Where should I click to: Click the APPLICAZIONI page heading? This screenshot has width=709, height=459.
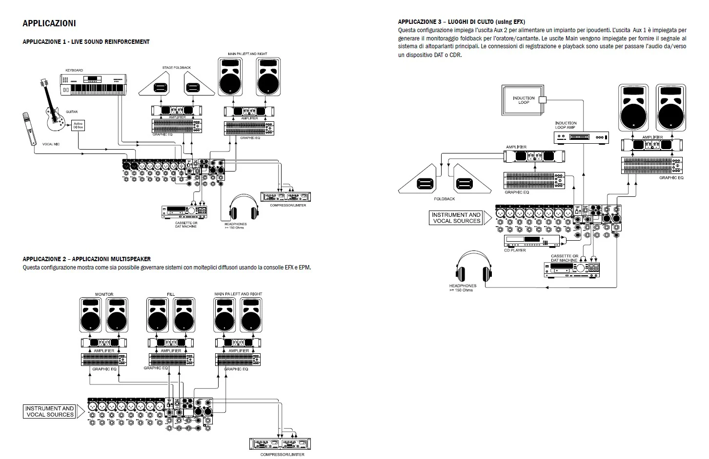(x=49, y=23)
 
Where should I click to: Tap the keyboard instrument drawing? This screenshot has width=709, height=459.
(x=93, y=84)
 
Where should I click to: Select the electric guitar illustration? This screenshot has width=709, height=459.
(x=53, y=105)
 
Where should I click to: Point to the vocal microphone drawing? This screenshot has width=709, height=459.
(x=29, y=129)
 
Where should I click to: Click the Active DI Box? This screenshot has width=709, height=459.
(x=78, y=126)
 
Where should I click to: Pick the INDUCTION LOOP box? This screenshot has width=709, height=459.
(x=523, y=100)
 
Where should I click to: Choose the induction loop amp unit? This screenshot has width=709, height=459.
(x=581, y=137)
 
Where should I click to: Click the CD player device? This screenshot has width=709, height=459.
(x=532, y=241)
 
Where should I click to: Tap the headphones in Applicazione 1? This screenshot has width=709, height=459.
(x=243, y=207)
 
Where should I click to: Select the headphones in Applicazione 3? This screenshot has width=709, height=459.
(x=474, y=266)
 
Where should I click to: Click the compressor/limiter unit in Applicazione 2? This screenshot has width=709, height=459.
(x=280, y=443)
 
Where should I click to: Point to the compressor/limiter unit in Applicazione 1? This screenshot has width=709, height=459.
(x=285, y=197)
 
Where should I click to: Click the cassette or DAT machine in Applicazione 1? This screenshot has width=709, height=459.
(x=184, y=212)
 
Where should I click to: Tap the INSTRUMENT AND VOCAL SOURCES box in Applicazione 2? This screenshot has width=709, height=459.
(x=49, y=411)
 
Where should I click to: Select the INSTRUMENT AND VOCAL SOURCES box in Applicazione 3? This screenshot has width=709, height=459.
(x=456, y=218)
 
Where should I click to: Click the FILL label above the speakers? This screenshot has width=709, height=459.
(x=171, y=294)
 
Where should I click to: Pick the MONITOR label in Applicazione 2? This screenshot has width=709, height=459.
(x=104, y=294)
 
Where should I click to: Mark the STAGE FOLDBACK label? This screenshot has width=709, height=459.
(x=177, y=68)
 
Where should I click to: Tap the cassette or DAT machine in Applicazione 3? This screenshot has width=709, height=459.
(x=571, y=269)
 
